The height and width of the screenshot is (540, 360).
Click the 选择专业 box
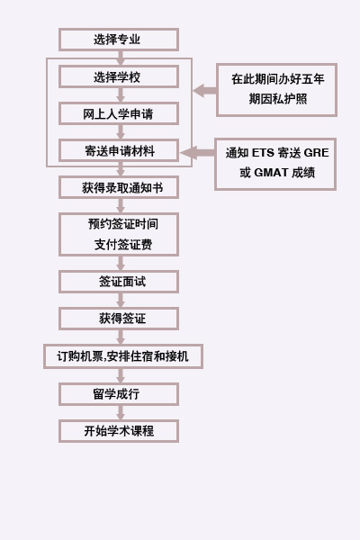tap(119, 40)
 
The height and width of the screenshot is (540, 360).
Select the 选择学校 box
tap(119, 76)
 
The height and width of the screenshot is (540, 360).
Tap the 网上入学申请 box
tap(119, 113)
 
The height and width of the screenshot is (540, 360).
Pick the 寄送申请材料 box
tap(119, 150)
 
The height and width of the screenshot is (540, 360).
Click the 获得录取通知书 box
tap(119, 188)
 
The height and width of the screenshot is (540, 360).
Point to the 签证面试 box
tap(119, 282)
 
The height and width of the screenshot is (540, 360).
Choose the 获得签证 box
tap(119, 319)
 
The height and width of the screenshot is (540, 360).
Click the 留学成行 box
tap(119, 394)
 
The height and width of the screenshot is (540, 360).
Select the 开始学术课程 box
tap(119, 431)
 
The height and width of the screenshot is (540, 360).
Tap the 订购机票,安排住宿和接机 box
tap(123, 356)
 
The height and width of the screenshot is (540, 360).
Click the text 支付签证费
tap(123, 245)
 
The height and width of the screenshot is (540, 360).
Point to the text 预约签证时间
tap(123, 224)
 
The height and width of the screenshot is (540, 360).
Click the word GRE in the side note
tap(316, 153)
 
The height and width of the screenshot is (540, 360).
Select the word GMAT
tap(271, 172)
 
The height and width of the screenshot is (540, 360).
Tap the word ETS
tap(263, 153)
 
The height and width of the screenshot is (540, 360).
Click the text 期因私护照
tap(278, 99)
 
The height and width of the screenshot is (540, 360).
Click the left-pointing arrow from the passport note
tap(204, 91)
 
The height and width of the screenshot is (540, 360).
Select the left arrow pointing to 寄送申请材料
tap(197, 153)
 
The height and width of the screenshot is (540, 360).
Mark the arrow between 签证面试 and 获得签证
tap(121, 301)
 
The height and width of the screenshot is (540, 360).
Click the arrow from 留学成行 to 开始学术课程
tap(121, 412)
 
